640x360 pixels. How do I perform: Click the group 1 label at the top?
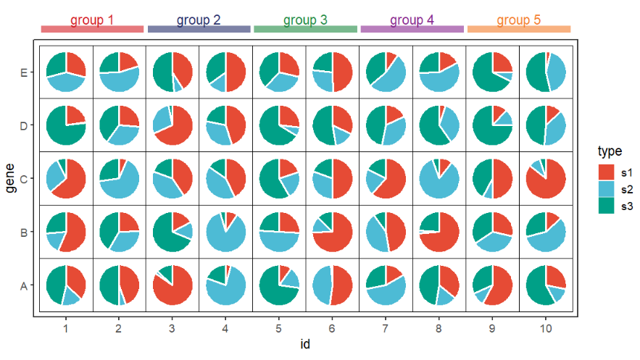click(x=92, y=20)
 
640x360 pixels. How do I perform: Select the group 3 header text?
click(x=305, y=20)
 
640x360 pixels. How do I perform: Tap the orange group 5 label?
click(x=519, y=20)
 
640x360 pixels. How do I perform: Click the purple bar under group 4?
click(x=412, y=29)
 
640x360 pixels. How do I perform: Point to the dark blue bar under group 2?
click(x=199, y=29)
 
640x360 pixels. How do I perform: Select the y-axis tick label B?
click(x=25, y=233)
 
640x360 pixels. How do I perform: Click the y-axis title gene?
click(x=11, y=179)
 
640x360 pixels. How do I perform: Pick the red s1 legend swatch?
click(x=607, y=172)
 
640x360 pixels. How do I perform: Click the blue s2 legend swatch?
click(x=607, y=189)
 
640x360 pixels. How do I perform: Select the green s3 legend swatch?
click(x=607, y=206)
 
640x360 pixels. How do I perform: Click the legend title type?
click(x=609, y=151)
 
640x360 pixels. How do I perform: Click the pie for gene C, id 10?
click(x=546, y=179)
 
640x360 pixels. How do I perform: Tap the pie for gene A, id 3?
click(x=173, y=285)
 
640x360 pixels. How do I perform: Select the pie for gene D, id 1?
click(x=66, y=125)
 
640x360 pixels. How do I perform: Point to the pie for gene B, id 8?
click(x=439, y=233)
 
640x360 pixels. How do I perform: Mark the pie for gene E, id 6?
click(x=333, y=72)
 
